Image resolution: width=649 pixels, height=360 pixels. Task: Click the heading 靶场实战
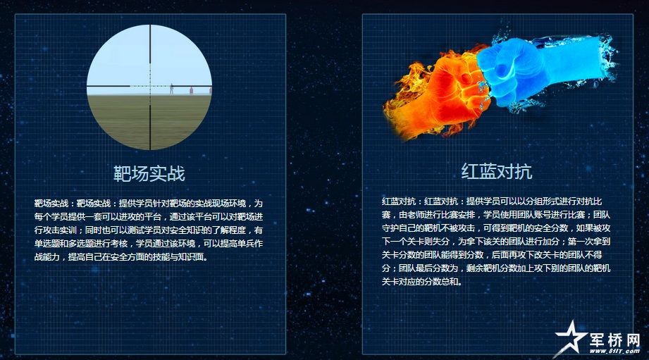coord(149,173)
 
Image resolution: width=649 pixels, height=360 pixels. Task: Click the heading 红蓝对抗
coord(497,171)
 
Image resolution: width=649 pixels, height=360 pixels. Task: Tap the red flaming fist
coord(439,95)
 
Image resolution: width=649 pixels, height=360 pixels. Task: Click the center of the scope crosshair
coord(150,86)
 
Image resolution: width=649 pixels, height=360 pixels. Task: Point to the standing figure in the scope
coord(171,89)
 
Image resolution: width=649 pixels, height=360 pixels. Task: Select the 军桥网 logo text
coord(614,340)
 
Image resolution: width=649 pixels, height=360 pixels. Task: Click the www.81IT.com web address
coord(614,352)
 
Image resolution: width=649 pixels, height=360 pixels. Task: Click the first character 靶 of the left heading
coord(122,173)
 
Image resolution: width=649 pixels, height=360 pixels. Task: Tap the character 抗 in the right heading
coord(524,171)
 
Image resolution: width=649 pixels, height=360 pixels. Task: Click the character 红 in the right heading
coord(470,171)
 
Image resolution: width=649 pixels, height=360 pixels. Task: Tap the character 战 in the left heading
coord(176,173)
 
